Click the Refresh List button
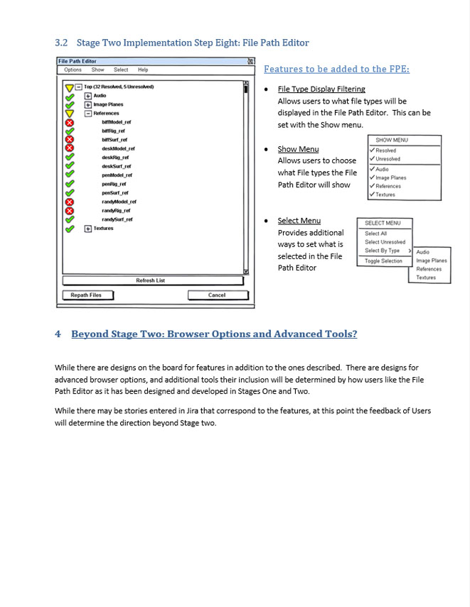coord(150,280)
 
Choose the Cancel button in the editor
coord(217,295)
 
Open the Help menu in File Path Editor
coord(143,70)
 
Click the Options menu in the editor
coord(73,70)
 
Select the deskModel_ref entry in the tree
coord(118,148)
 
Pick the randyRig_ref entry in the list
coord(117,211)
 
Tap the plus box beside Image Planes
coord(88,104)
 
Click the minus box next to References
coord(88,113)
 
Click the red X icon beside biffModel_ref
coord(69,122)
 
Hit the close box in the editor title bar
coord(250,62)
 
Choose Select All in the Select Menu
coord(375,234)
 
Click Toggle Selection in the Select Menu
coord(383,261)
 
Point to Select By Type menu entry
coord(383,251)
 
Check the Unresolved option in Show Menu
coord(388,159)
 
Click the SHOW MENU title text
coord(392,141)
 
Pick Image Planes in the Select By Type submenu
coord(432,261)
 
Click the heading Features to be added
coord(336,69)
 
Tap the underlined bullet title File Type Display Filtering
coord(321,89)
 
